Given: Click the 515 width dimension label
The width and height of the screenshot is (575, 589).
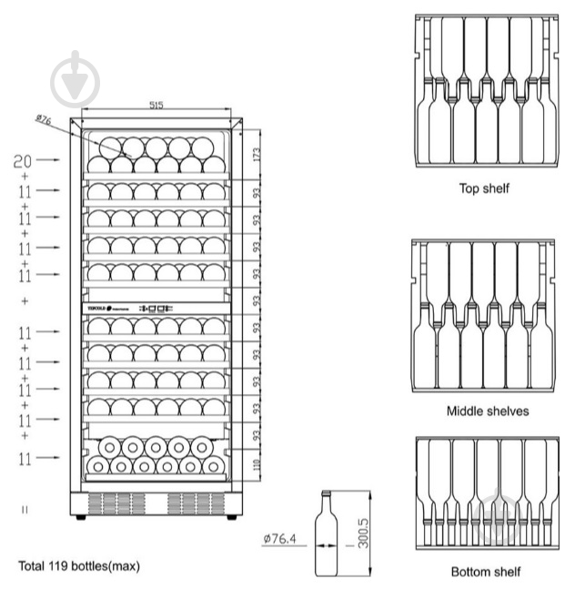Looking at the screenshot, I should point(156,106).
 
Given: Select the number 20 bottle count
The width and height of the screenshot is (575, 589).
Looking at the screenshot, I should point(23,161).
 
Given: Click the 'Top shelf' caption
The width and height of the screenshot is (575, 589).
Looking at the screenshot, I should point(483,189).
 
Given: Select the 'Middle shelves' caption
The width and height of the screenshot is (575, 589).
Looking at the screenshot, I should point(487,411).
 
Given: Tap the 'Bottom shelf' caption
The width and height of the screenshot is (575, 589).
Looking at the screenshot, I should point(486,572).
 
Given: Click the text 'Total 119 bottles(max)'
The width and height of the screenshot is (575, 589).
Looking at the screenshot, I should point(79,566).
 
